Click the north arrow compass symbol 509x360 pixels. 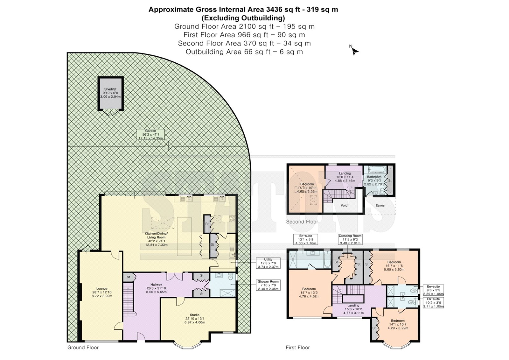(x=354, y=51)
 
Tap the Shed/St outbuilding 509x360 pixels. (x=111, y=94)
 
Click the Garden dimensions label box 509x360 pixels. (x=151, y=134)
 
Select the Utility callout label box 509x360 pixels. (x=268, y=263)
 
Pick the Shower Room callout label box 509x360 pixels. (x=268, y=285)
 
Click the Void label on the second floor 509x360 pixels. (x=344, y=205)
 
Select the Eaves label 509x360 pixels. (x=380, y=205)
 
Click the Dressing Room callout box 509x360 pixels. (x=350, y=239)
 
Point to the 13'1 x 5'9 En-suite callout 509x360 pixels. (x=306, y=239)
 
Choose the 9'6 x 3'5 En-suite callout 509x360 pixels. (x=433, y=290)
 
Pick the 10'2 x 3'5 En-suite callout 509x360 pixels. (x=433, y=302)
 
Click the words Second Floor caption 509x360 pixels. (x=302, y=222)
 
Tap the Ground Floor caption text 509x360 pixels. (x=83, y=348)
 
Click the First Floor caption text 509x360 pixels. (x=298, y=348)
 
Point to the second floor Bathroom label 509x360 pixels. (x=374, y=177)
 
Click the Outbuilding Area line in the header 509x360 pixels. (x=244, y=52)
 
